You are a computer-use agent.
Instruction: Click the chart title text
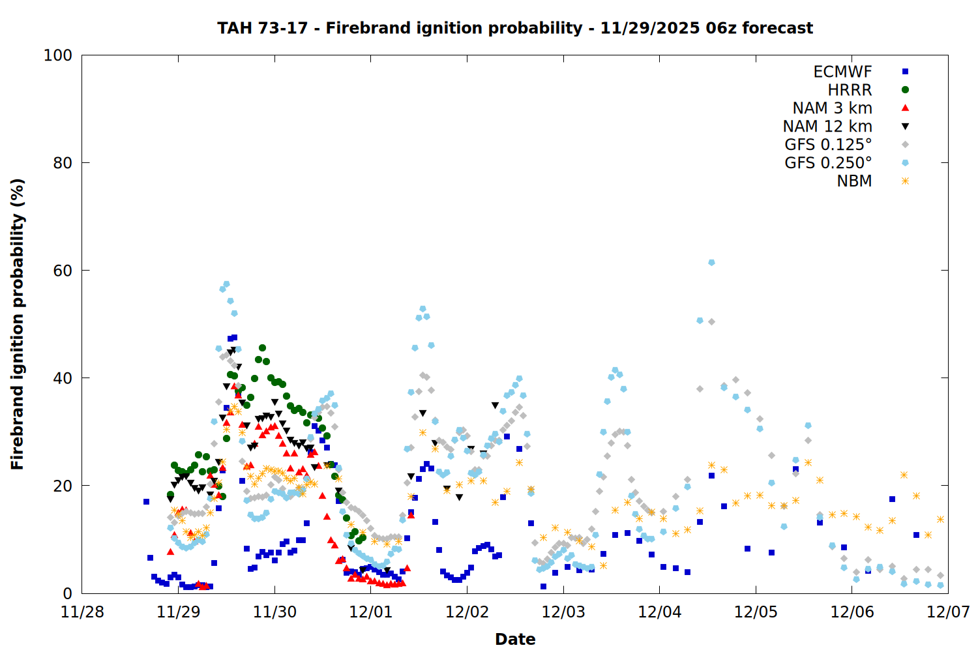515,28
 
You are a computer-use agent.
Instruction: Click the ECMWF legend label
842,72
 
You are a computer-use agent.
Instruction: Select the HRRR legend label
850,90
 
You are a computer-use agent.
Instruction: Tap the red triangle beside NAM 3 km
905,108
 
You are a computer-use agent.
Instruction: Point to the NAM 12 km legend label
827,126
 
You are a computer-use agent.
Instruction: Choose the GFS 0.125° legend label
828,145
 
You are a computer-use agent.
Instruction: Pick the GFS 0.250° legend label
828,163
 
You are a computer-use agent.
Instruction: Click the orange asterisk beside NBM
905,181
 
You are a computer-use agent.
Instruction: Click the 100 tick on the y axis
58,55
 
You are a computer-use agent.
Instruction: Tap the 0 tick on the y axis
68,593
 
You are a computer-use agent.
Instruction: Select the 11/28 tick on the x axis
82,612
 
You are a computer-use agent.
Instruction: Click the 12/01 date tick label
371,612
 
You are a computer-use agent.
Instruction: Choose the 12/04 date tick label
660,612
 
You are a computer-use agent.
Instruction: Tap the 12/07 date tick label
948,612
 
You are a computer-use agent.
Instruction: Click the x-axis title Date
515,639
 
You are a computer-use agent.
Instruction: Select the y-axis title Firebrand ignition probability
18,324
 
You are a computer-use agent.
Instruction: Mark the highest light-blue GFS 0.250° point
711,262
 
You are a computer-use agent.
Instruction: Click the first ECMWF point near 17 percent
146,501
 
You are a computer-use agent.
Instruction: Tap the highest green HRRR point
262,348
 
